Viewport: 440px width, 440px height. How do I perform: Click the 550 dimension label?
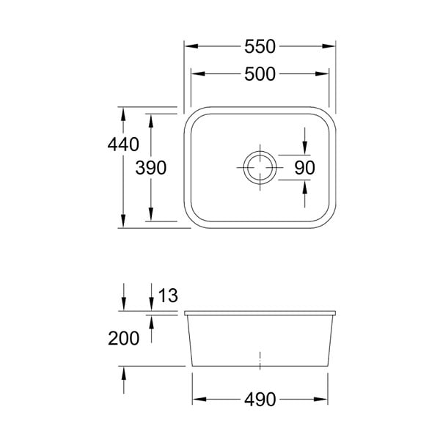pos(260,47)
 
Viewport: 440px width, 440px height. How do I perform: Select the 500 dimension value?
pos(260,74)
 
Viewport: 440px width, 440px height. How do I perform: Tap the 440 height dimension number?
pos(123,144)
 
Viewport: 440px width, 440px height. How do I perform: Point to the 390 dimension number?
pos(151,168)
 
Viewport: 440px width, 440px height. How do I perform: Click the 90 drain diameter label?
pos(305,168)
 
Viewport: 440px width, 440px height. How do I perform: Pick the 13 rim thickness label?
pos(168,296)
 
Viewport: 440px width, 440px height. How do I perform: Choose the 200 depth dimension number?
pos(123,338)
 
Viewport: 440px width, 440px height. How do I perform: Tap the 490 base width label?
pos(260,400)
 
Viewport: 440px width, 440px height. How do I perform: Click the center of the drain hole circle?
pos(260,167)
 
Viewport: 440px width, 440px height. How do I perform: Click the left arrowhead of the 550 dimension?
pos(191,46)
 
